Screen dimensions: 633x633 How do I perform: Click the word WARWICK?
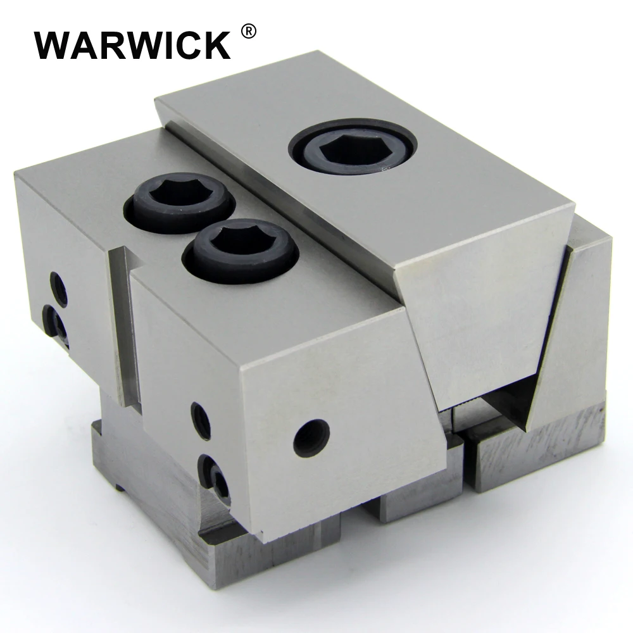pos(132,44)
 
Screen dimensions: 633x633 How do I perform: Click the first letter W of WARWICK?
pos(52,44)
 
